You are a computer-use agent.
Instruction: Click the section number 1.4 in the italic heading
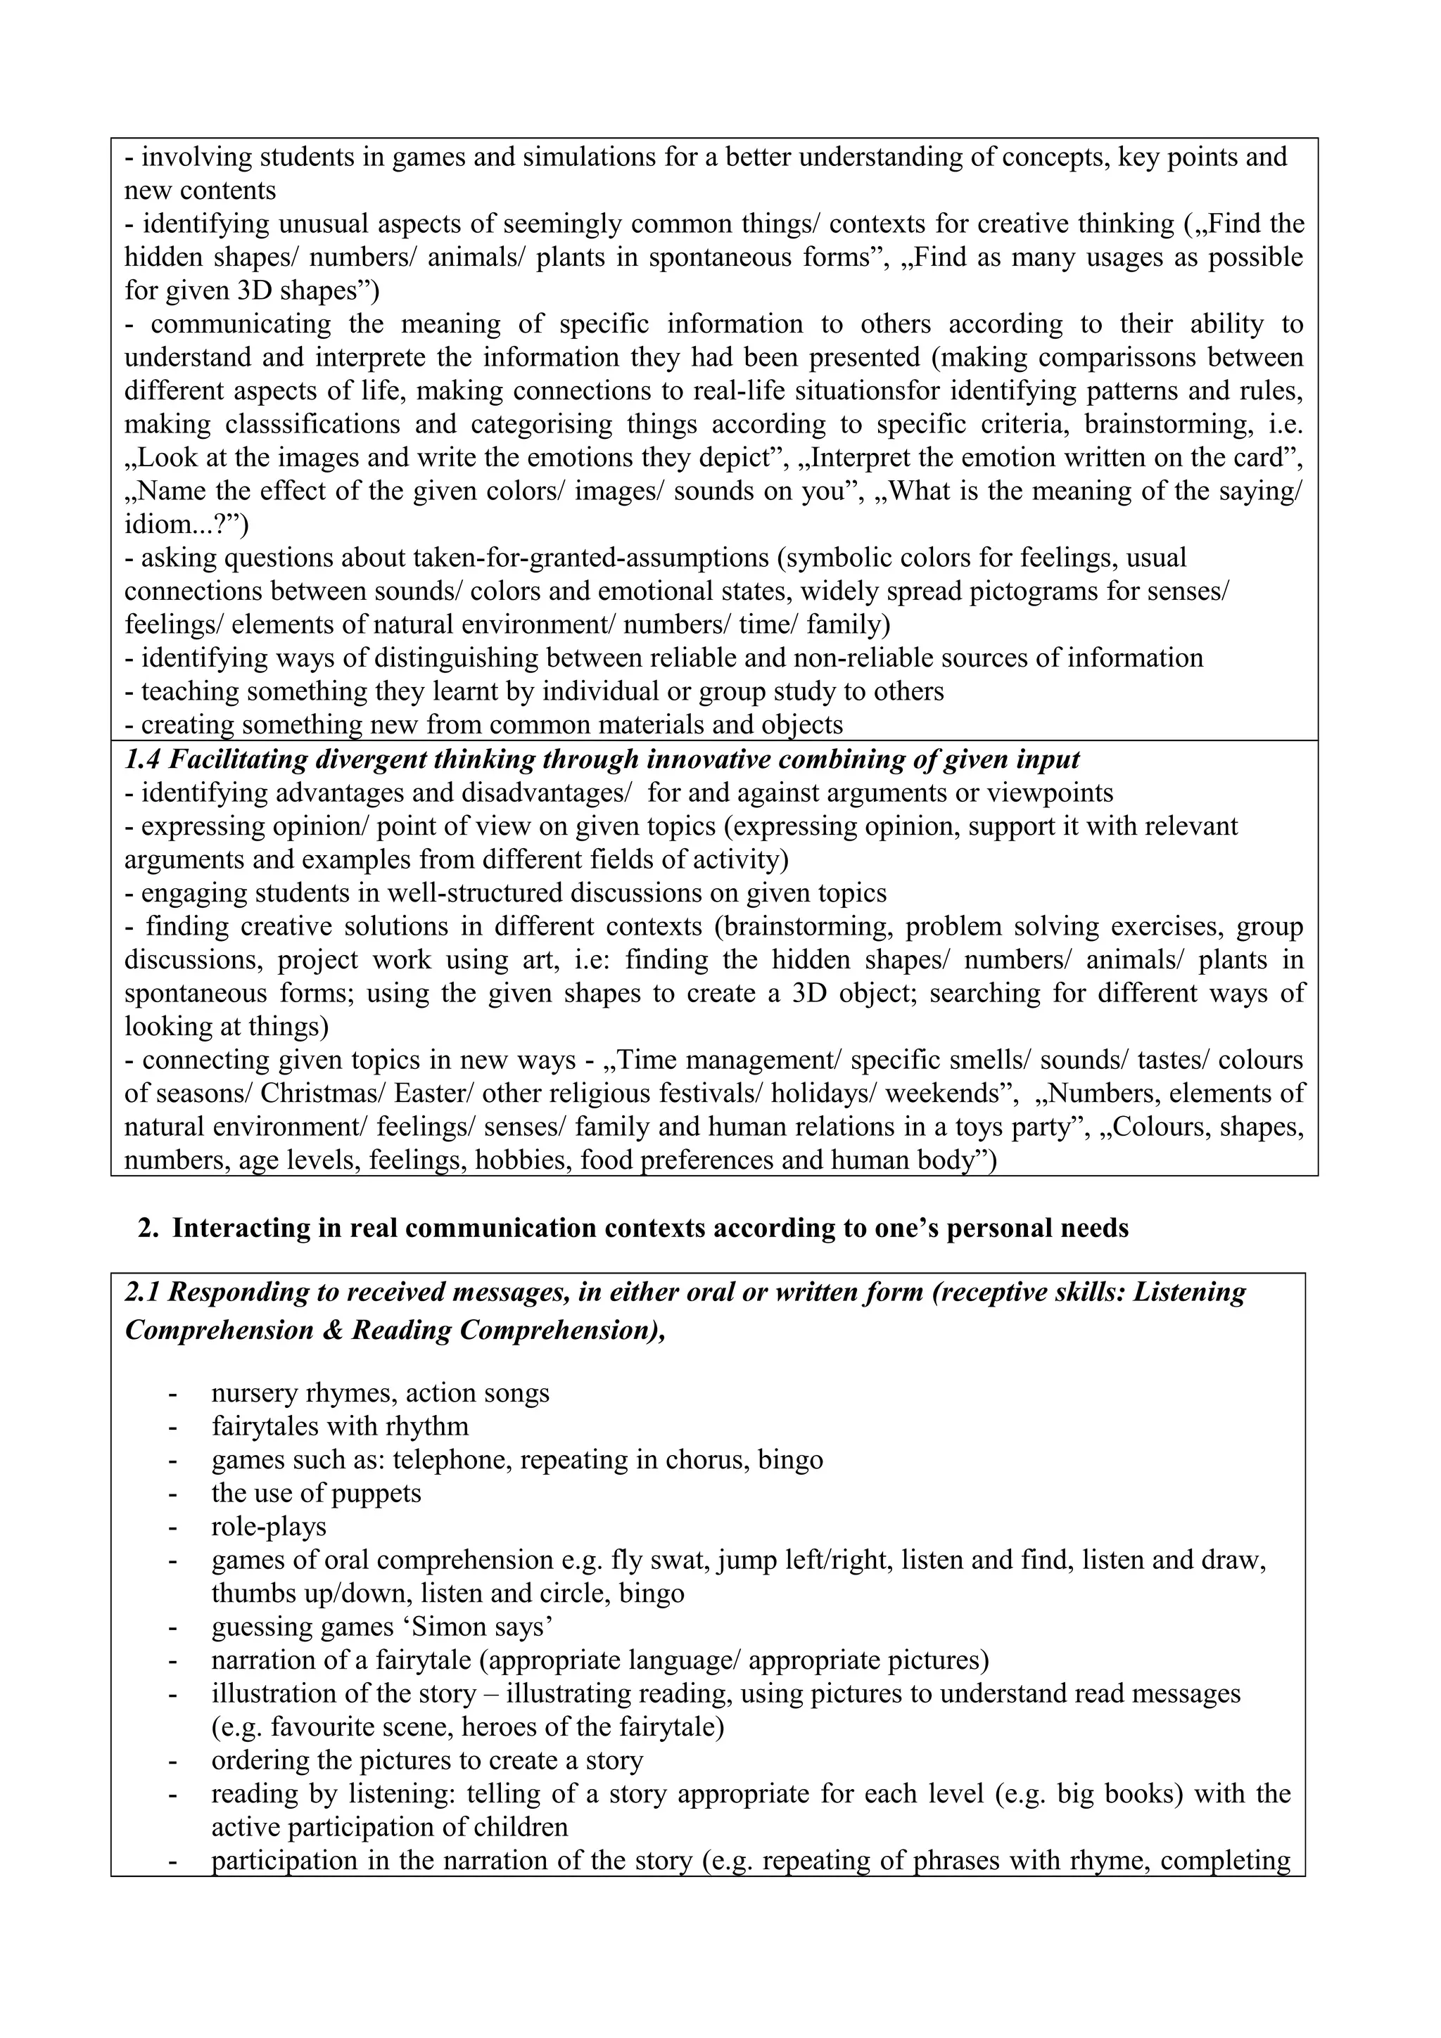click(141, 760)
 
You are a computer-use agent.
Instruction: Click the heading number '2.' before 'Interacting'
click(148, 1229)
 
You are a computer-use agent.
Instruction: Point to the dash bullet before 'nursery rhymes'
click(172, 1392)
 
